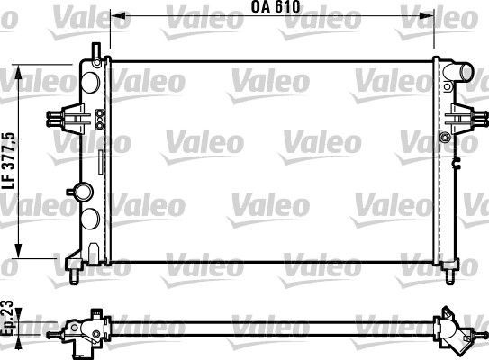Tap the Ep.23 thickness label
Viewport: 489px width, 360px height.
point(9,318)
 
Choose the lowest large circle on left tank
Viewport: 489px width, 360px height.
point(90,220)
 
